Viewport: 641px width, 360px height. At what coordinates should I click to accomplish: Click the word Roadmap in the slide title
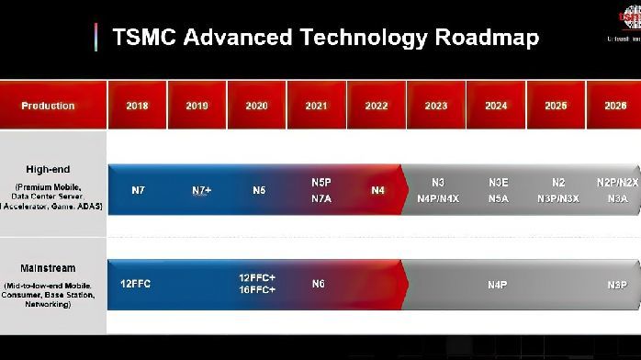tap(487, 38)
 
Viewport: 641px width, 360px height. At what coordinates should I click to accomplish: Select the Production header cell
tap(49, 106)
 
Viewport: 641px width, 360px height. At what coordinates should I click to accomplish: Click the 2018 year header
tap(137, 106)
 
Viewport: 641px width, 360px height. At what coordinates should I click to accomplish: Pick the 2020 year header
tap(257, 106)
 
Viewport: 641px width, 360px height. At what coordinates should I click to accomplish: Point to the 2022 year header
tap(377, 106)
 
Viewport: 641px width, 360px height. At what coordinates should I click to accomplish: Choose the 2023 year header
tap(436, 106)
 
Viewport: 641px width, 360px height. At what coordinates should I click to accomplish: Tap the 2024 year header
tap(496, 106)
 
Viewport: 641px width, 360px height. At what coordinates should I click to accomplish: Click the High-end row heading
tap(49, 169)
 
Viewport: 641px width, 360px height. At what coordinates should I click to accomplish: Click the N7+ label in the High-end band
tap(202, 190)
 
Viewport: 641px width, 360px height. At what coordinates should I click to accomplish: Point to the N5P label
tap(320, 183)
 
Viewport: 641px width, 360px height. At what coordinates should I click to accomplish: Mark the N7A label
tap(320, 198)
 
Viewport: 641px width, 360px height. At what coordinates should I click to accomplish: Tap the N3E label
tap(499, 183)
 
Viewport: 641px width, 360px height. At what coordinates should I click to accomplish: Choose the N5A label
tap(499, 198)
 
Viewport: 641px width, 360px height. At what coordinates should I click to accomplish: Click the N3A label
tap(617, 198)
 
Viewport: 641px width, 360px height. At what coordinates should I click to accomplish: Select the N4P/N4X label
tap(437, 198)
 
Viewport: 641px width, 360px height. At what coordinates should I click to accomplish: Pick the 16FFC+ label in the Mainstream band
tap(257, 289)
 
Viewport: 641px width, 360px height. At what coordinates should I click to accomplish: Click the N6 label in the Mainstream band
tap(318, 284)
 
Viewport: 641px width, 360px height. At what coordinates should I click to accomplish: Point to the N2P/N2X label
tap(617, 183)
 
